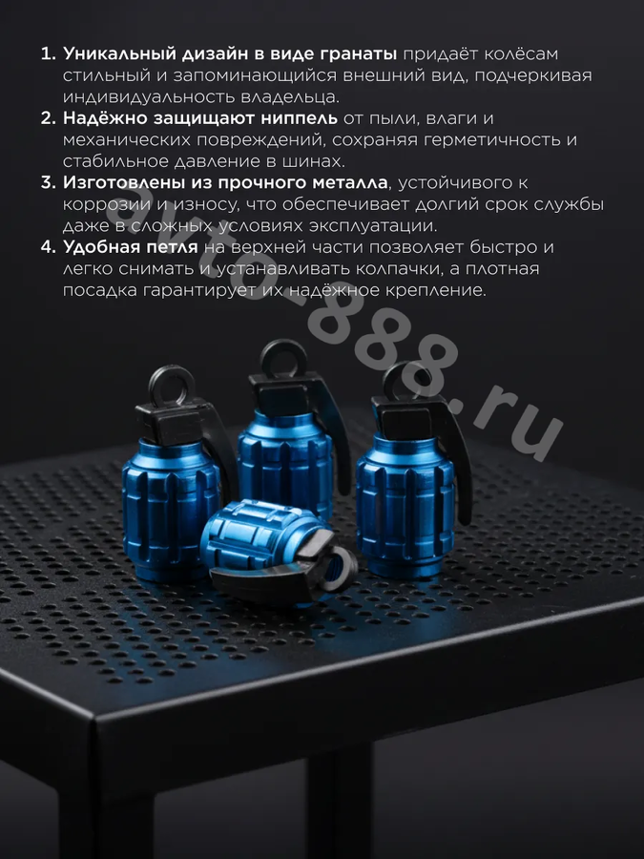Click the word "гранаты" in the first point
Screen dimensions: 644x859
pyautogui.click(x=359, y=54)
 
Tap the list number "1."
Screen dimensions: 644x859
pyautogui.click(x=49, y=53)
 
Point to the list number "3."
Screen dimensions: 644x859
pyautogui.click(x=49, y=182)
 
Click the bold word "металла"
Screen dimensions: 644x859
pyautogui.click(x=350, y=182)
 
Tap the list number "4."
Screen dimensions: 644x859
pyautogui.click(x=49, y=247)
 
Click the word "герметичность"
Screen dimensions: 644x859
pyautogui.click(x=491, y=140)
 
